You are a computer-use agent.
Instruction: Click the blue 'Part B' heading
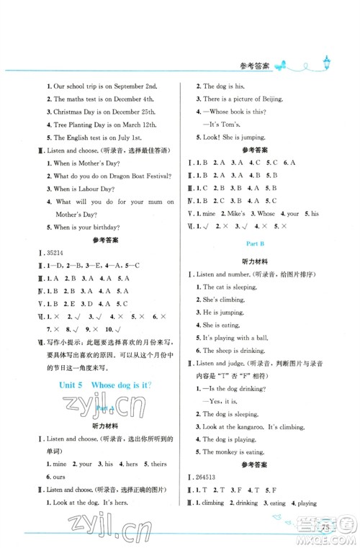pyautogui.click(x=251, y=243)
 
